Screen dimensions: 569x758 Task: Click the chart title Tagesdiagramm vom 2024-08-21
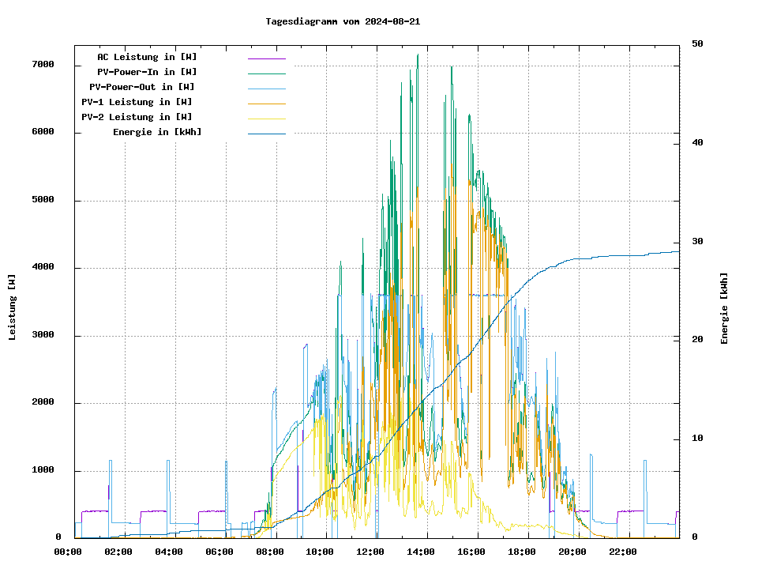(x=343, y=21)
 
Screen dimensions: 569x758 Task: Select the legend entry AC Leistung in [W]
(x=147, y=57)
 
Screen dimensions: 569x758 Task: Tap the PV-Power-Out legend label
(x=142, y=87)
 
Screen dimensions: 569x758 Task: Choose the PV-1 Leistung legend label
(x=137, y=102)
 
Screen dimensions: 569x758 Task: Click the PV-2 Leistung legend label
(x=137, y=117)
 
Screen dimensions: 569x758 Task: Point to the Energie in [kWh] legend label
(x=157, y=132)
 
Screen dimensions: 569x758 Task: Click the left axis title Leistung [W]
(x=13, y=307)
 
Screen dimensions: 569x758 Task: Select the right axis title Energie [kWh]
(x=724, y=308)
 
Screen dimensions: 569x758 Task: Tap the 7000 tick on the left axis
(x=43, y=65)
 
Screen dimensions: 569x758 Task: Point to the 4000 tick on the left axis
(x=43, y=268)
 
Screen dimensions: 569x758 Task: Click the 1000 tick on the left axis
(x=43, y=471)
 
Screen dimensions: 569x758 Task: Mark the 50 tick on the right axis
(x=697, y=44)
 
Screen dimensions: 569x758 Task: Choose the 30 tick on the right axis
(x=697, y=242)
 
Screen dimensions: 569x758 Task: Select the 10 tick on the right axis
(x=697, y=439)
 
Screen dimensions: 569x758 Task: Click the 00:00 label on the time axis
(x=68, y=552)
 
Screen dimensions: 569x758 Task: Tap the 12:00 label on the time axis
(x=370, y=552)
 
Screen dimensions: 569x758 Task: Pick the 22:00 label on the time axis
(x=622, y=552)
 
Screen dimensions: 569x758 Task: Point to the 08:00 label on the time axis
(x=270, y=552)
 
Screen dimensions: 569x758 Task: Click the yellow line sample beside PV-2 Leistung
(x=266, y=118)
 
